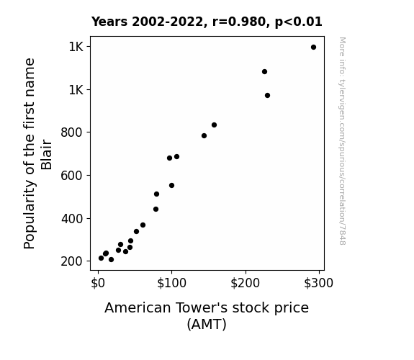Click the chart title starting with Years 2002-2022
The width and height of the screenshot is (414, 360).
coord(207,22)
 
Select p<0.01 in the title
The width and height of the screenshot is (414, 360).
coord(299,22)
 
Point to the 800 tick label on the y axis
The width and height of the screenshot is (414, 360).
coord(72,132)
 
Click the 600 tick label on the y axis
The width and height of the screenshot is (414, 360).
coord(72,176)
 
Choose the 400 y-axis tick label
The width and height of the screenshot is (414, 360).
coord(72,219)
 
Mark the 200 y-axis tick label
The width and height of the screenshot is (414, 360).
coord(72,261)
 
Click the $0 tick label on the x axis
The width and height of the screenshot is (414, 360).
coord(98,283)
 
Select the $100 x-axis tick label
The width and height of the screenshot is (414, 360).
coord(171,283)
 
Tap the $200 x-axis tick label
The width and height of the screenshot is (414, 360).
coord(246,283)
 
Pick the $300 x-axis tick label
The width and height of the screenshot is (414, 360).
coord(319,283)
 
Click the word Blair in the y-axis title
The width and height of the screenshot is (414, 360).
coord(47,155)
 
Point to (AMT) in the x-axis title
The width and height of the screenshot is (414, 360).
coord(207,324)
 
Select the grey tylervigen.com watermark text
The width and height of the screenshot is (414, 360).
coord(342,141)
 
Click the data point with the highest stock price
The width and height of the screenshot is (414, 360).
coord(313,48)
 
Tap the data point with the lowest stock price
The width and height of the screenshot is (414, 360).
coord(101,258)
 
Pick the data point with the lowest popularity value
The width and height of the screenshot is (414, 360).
coord(111,260)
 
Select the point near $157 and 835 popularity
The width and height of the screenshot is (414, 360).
coord(214,125)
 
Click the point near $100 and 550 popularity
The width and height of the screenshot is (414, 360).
coord(171,186)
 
